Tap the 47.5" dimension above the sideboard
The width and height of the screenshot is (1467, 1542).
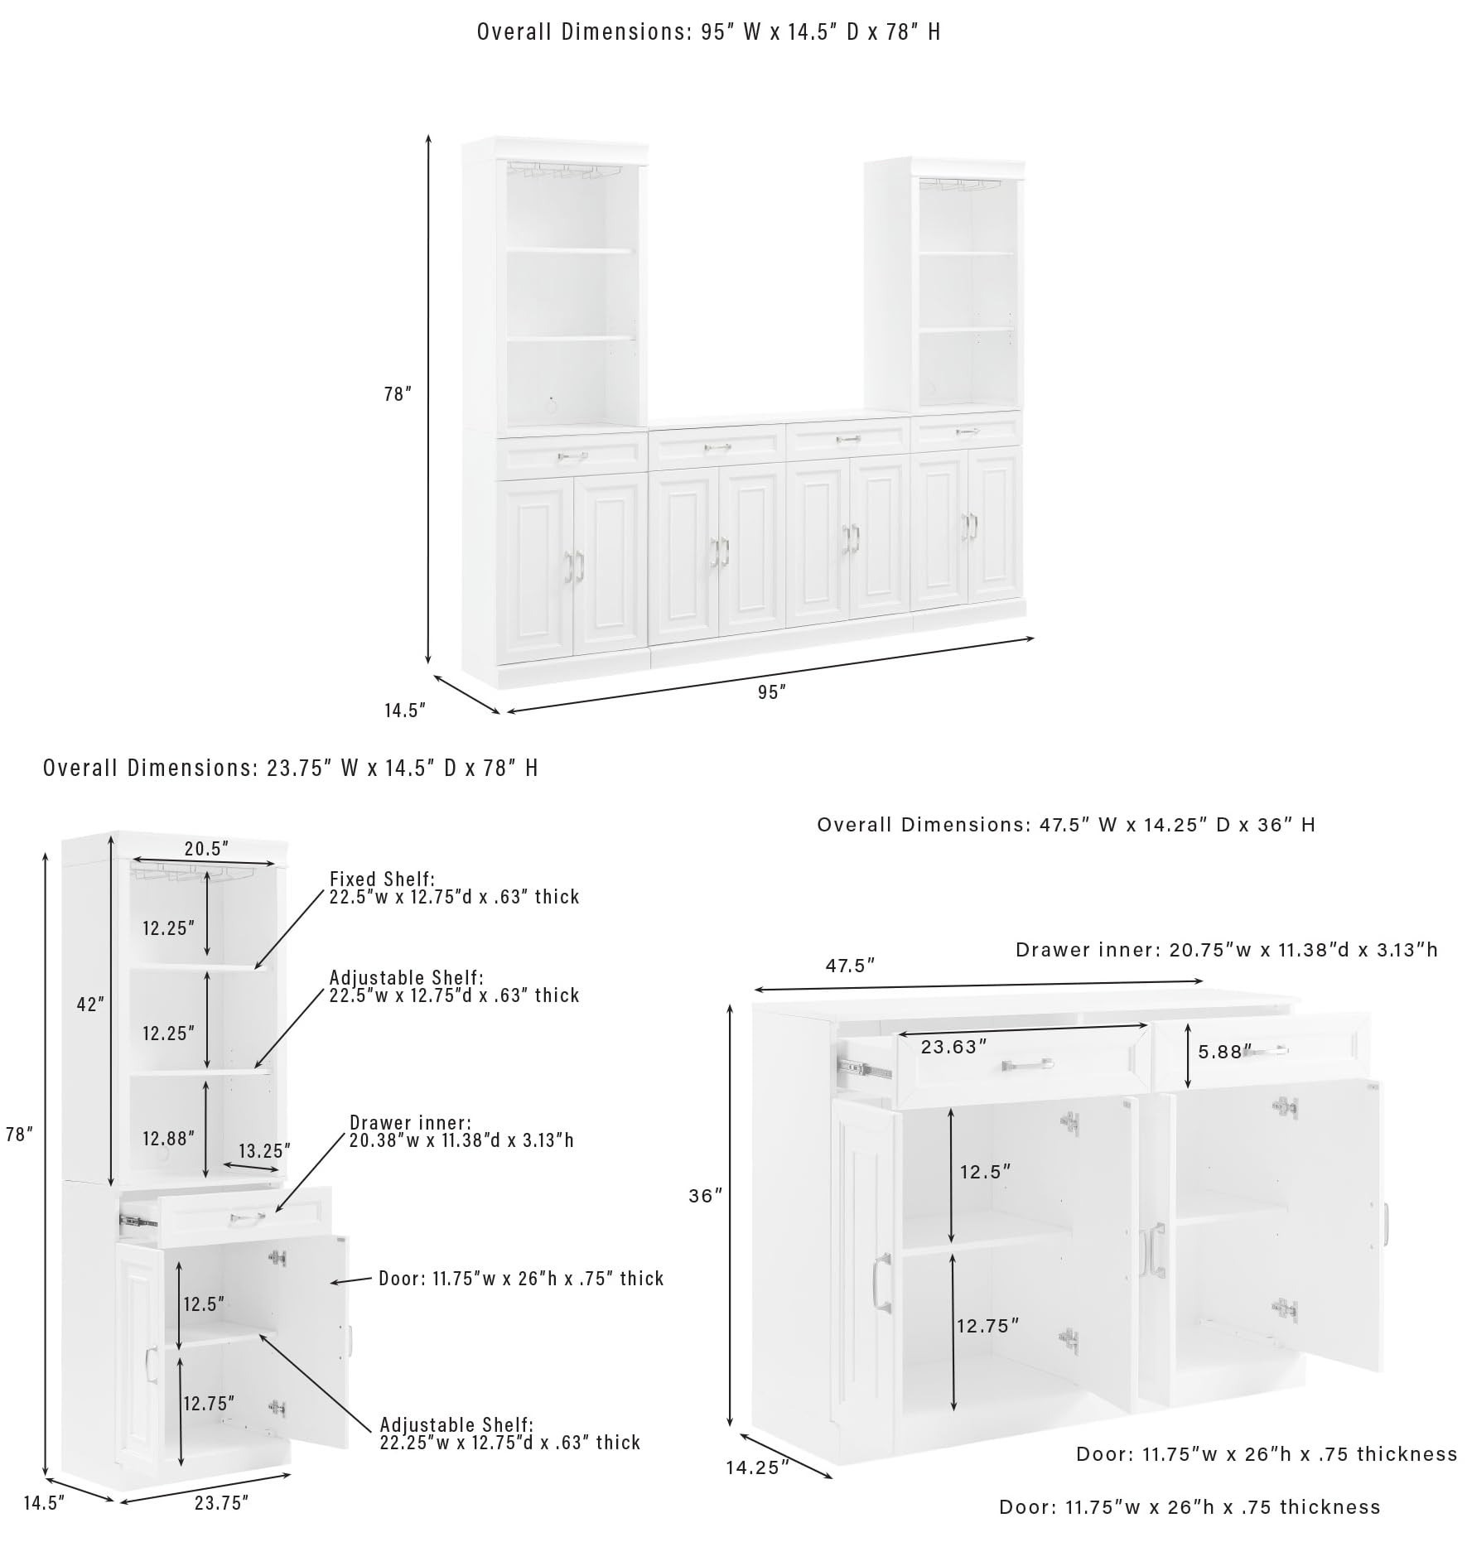click(850, 965)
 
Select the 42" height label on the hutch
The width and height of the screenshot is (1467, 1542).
click(90, 1004)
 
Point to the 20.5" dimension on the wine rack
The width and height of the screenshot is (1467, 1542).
click(206, 848)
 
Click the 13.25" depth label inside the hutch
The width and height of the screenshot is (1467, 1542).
click(264, 1150)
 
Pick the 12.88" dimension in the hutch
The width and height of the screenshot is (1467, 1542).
click(168, 1138)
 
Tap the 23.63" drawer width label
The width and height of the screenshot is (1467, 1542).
click(954, 1046)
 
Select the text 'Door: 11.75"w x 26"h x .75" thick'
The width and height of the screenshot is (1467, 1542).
click(521, 1278)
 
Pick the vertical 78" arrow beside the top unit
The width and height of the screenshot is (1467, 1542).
click(428, 398)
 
